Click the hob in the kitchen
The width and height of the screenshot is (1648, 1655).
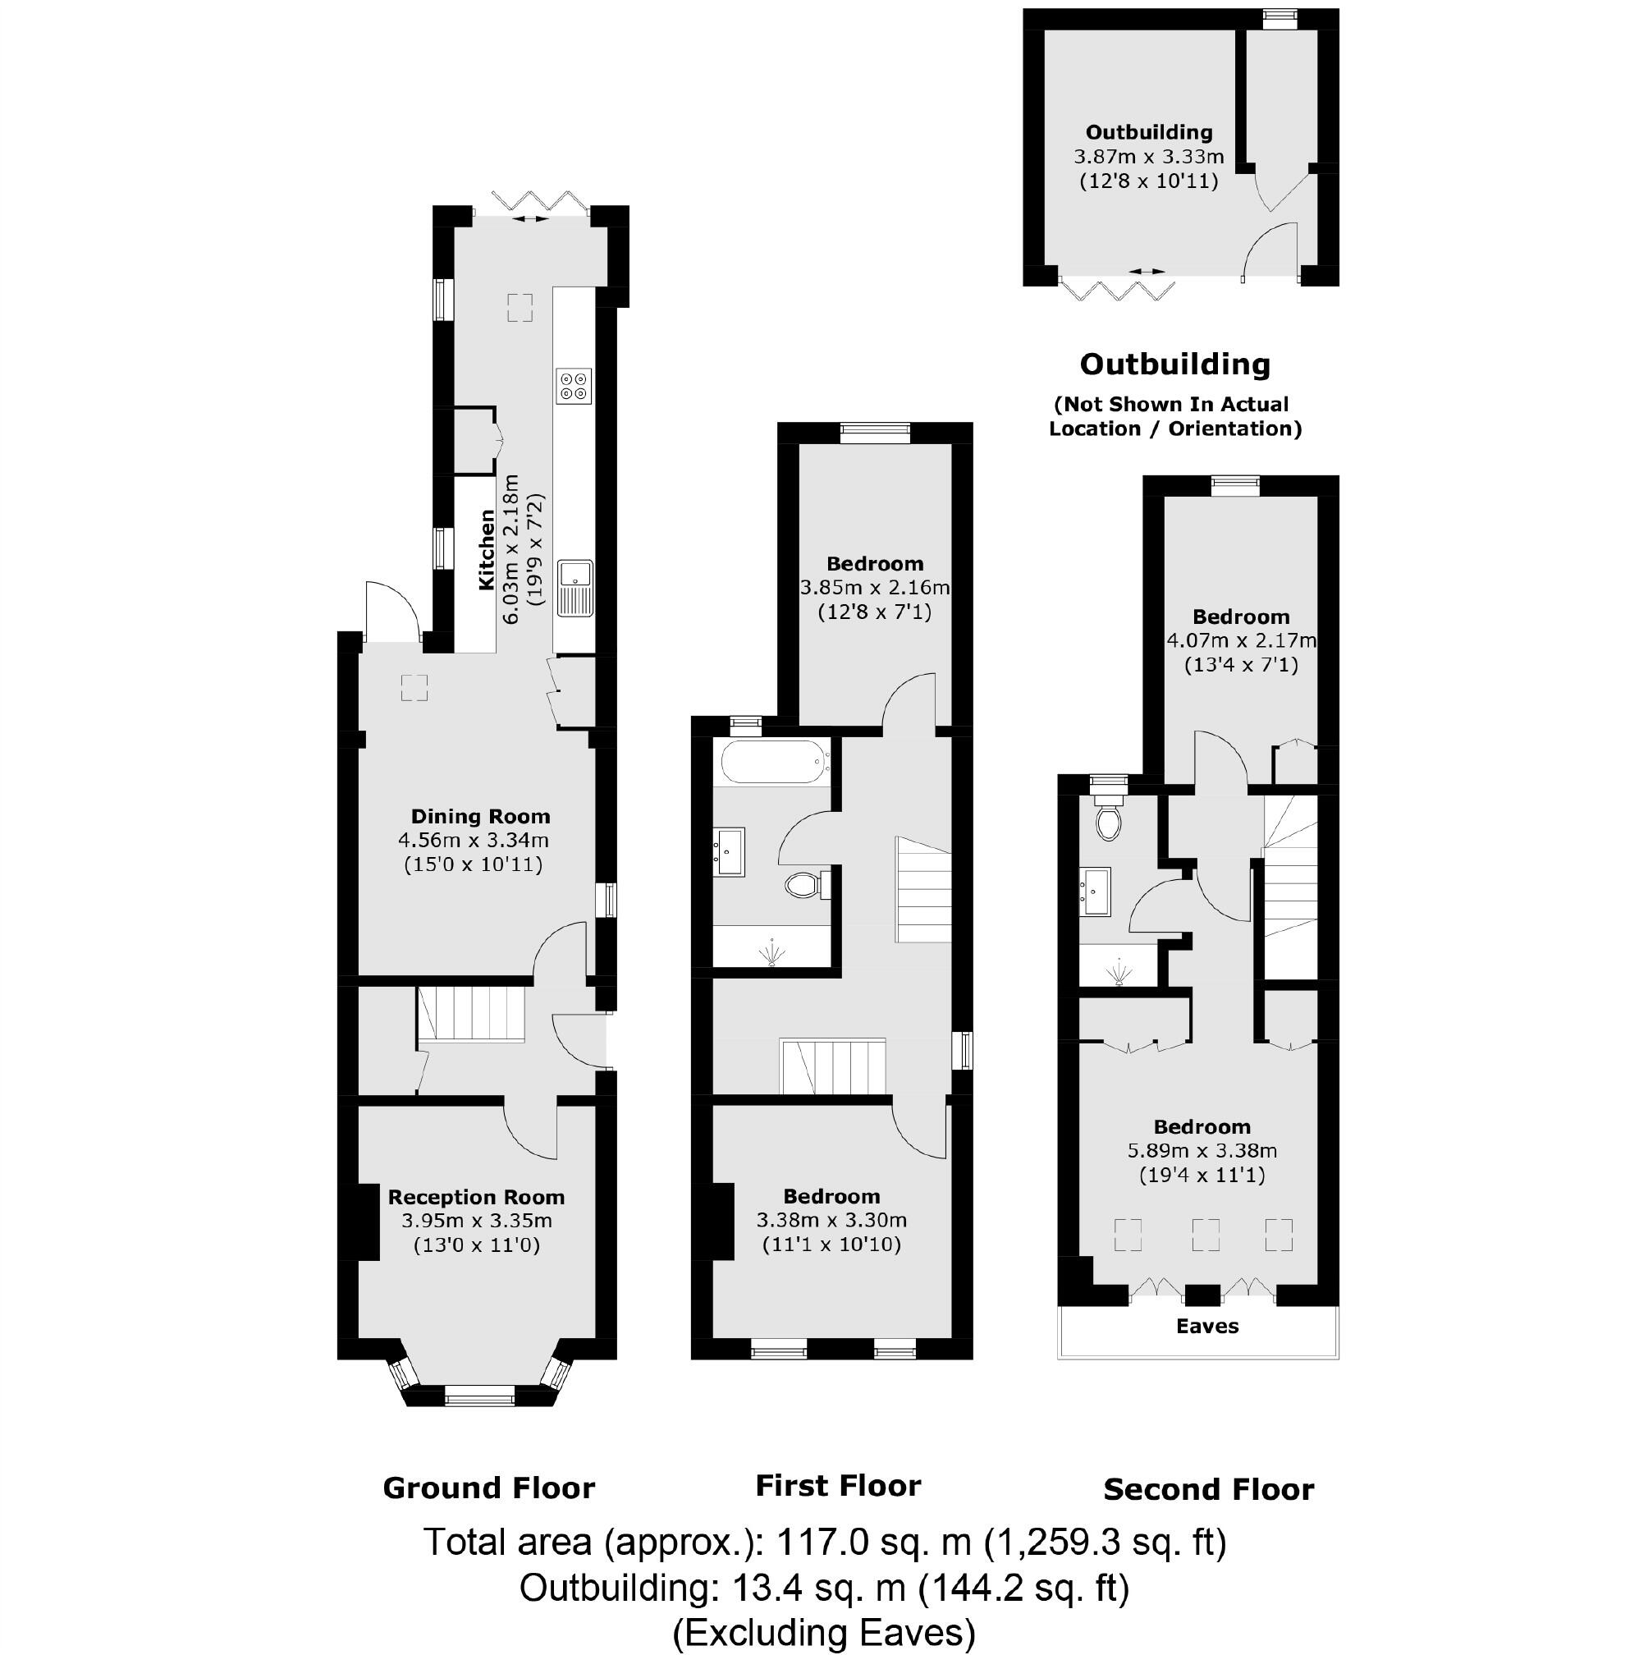(x=573, y=385)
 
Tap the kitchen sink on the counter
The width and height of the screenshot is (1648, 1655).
(x=575, y=588)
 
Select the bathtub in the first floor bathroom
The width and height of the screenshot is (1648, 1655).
(x=773, y=763)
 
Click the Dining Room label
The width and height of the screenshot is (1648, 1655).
(x=479, y=816)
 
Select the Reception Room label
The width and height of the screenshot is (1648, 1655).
(x=476, y=1197)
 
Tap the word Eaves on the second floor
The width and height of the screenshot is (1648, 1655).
(x=1207, y=1326)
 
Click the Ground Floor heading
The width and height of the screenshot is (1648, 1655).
(x=488, y=1488)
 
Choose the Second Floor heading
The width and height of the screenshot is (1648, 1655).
(x=1208, y=1490)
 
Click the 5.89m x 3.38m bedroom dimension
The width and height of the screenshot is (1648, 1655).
(x=1202, y=1150)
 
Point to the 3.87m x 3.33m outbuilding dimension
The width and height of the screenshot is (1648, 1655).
(x=1149, y=157)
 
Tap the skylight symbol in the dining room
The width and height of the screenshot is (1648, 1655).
(x=414, y=687)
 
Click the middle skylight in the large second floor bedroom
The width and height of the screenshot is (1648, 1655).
(x=1205, y=1235)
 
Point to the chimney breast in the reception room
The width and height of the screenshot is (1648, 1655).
(x=368, y=1222)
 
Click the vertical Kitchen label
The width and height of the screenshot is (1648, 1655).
(x=487, y=549)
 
